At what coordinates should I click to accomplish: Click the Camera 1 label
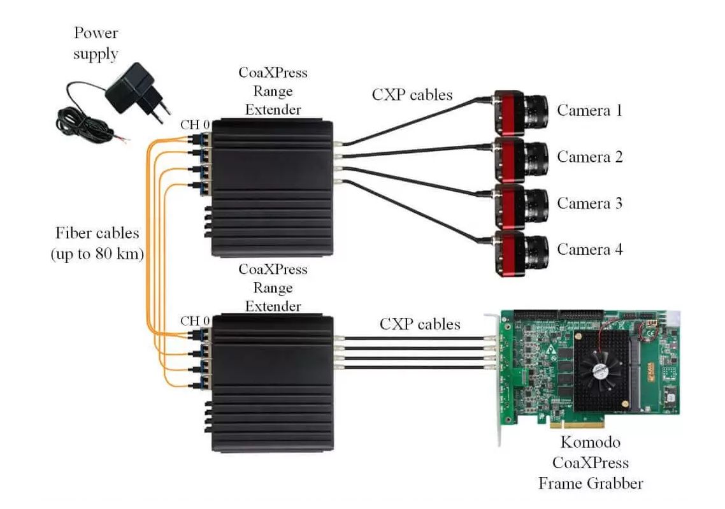[x=589, y=110]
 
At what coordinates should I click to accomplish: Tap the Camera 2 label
[x=589, y=157]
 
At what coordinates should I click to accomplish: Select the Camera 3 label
[x=589, y=203]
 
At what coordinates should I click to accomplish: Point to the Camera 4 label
[x=589, y=250]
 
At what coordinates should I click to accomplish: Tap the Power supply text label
[x=96, y=43]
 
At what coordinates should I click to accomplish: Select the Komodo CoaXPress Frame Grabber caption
[x=590, y=462]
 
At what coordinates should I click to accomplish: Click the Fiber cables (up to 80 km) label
[x=97, y=243]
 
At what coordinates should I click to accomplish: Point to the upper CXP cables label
[x=412, y=95]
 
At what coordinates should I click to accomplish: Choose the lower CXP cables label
[x=420, y=324]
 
